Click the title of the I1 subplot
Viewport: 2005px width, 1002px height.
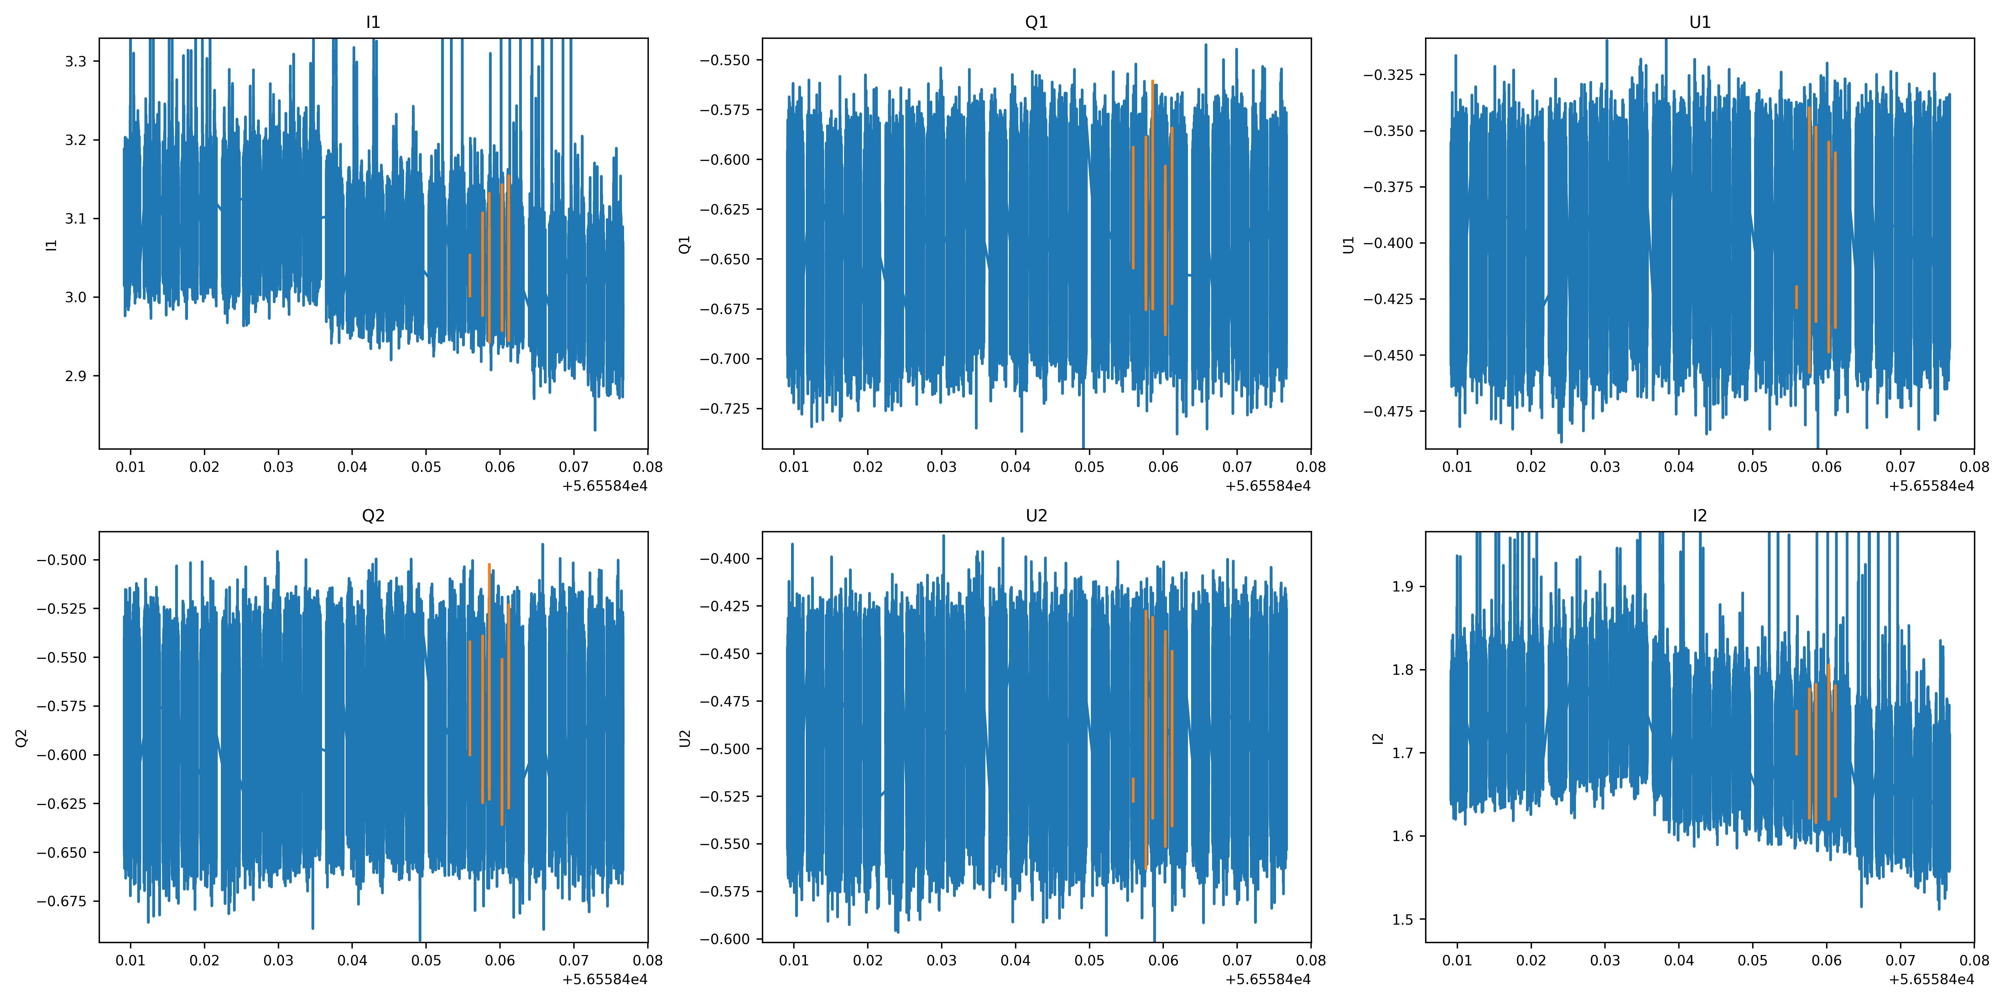click(373, 23)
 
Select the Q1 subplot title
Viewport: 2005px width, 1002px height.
click(1036, 23)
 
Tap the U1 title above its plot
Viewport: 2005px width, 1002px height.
click(1699, 23)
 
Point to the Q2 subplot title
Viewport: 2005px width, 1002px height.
click(373, 516)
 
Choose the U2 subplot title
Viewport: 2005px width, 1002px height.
click(1036, 516)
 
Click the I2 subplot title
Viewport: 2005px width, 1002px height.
click(1699, 516)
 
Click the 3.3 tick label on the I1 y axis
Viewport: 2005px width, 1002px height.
click(76, 61)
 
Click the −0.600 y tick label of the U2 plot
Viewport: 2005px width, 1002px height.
click(725, 939)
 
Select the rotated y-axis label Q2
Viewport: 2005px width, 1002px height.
click(22, 737)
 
